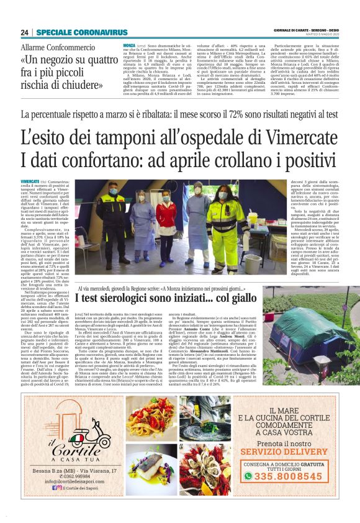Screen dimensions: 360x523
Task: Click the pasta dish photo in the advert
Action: point(150,418)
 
